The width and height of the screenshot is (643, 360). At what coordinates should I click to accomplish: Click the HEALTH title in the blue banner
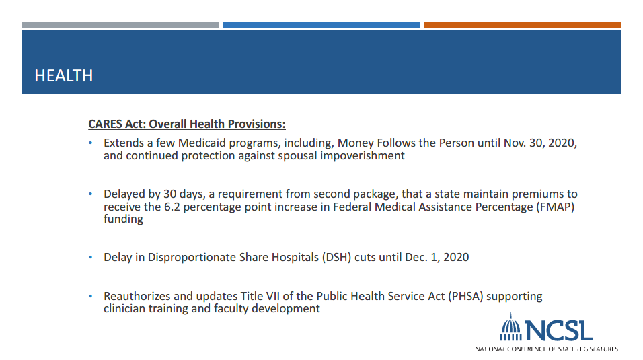[x=64, y=75]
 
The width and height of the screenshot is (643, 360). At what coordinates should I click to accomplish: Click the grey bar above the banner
[x=120, y=25]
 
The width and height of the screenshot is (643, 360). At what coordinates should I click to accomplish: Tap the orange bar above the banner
[x=523, y=25]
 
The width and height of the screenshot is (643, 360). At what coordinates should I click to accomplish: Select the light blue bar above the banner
[x=321, y=25]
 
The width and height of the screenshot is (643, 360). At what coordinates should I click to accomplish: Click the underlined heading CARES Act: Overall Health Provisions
[x=187, y=124]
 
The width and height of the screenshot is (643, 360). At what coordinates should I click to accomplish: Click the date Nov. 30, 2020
[x=540, y=143]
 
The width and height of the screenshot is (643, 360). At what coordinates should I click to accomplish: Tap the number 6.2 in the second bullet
[x=172, y=207]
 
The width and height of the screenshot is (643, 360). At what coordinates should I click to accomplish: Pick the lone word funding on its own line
[x=124, y=219]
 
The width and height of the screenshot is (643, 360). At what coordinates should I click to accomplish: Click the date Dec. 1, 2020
[x=437, y=257]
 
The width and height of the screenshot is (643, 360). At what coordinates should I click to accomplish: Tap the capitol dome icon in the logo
[x=511, y=327]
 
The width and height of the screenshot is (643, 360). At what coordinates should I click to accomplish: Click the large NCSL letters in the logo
[x=559, y=331]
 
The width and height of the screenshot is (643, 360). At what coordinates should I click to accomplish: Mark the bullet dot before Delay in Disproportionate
[x=91, y=257]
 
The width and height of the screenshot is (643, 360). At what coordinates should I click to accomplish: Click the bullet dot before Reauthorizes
[x=91, y=296]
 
